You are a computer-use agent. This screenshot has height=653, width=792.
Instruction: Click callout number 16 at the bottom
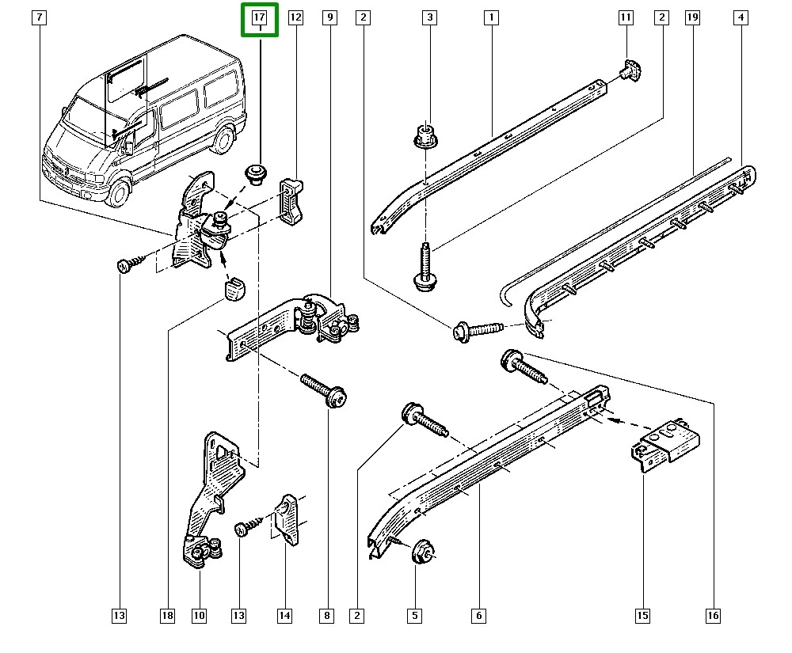pyautogui.click(x=714, y=615)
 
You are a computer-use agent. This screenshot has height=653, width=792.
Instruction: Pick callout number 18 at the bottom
pyautogui.click(x=166, y=615)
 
